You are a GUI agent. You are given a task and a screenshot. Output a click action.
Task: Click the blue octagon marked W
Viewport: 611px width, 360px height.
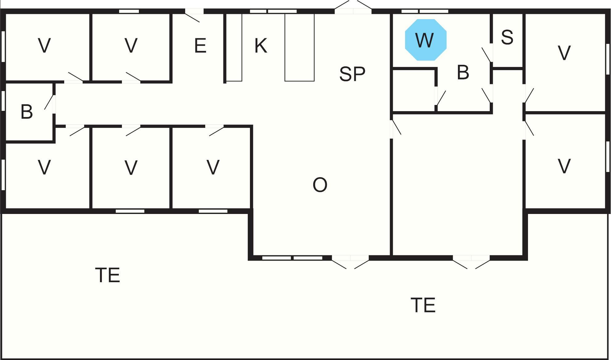tap(426, 40)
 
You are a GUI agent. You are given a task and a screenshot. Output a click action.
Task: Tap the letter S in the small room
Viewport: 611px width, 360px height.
tap(507, 37)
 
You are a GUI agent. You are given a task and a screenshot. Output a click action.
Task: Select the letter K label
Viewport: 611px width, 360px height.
tap(261, 46)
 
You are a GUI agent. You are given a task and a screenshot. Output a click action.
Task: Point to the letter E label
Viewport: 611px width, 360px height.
tap(200, 46)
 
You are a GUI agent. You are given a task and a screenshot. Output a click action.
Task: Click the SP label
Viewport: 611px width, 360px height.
tap(352, 74)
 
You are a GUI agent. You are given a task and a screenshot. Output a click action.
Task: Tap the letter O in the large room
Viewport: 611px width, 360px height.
tap(320, 185)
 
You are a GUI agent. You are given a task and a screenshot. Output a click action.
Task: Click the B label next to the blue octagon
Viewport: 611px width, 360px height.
tap(463, 73)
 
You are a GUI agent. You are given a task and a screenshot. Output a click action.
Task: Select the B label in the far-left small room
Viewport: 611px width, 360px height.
tap(27, 112)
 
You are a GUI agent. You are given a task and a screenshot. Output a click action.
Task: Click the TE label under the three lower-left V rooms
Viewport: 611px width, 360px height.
tap(107, 275)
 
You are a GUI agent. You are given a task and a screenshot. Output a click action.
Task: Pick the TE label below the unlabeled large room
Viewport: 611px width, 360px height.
tap(423, 305)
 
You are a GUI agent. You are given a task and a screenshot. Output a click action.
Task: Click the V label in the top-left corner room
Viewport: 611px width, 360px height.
tap(44, 46)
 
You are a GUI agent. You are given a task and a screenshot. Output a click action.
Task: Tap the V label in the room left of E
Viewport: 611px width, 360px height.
tap(131, 46)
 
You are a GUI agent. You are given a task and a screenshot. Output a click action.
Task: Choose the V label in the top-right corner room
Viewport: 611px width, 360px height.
tap(564, 53)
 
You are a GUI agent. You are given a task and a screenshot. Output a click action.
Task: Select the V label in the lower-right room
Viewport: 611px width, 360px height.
tap(564, 167)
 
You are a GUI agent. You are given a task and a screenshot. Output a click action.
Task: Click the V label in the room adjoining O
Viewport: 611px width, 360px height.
tap(213, 167)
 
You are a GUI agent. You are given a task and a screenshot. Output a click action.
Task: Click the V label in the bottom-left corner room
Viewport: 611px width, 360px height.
tap(44, 167)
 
